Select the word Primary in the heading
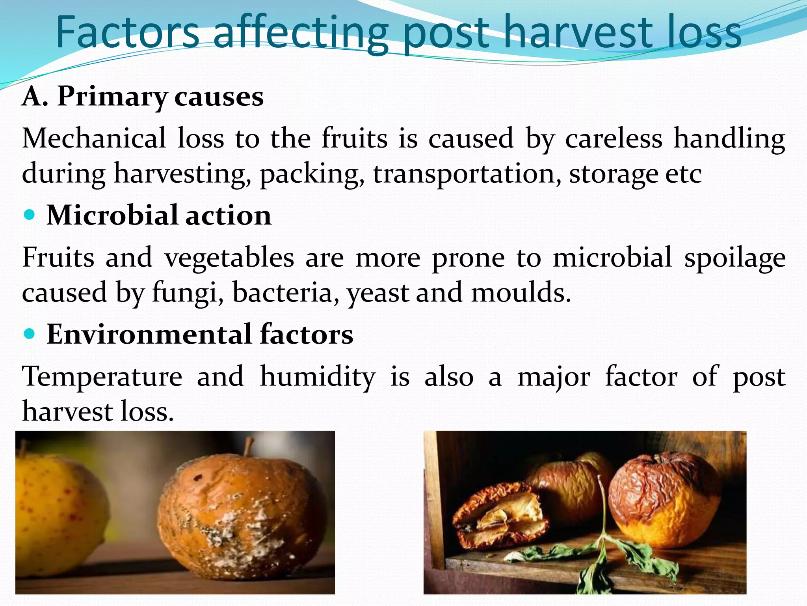(112, 97)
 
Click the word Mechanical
(94, 138)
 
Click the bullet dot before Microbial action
(30, 215)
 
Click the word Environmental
(149, 335)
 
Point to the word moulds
(521, 293)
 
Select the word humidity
(318, 377)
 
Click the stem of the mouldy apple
(248, 445)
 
